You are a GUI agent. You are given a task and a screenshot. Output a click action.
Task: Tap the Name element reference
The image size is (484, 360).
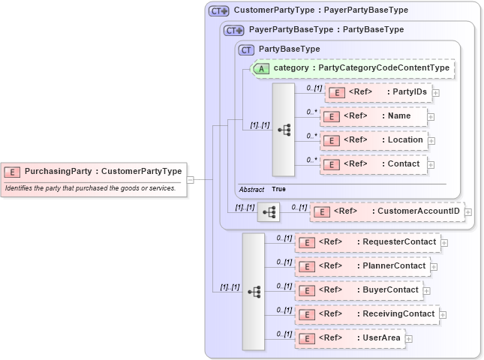(x=373, y=116)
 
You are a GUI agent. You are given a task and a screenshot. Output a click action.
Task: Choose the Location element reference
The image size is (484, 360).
(x=373, y=140)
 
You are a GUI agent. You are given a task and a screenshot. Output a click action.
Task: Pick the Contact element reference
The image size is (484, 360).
(x=373, y=164)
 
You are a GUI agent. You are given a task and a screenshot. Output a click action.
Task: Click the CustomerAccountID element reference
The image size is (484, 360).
(x=386, y=211)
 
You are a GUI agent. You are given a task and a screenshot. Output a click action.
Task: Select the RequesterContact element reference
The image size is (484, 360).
(x=367, y=242)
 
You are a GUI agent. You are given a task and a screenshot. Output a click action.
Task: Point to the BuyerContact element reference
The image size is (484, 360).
(x=358, y=290)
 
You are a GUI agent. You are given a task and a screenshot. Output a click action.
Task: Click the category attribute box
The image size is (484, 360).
(x=353, y=68)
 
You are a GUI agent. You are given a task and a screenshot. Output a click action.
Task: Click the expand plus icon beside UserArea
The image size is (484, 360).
(x=409, y=339)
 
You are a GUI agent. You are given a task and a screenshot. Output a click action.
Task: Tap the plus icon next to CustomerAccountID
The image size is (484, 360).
(x=468, y=212)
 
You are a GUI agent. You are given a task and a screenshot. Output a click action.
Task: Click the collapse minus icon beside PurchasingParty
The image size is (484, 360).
(x=191, y=179)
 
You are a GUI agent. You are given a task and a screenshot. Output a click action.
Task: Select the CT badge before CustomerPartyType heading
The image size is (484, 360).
(x=219, y=11)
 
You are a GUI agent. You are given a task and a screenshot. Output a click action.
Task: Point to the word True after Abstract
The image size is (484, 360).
(x=278, y=189)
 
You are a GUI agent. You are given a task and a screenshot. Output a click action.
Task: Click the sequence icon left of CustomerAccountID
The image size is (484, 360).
(x=269, y=212)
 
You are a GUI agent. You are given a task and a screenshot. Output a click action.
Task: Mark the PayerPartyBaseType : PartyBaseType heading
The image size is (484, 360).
(x=326, y=30)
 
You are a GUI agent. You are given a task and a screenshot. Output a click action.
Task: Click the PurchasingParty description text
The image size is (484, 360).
(x=90, y=187)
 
